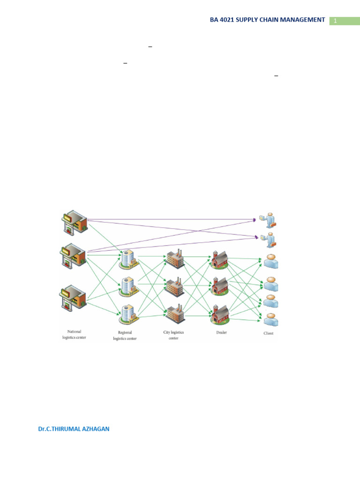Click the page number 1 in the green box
(336, 21)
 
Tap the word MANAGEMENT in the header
(301, 20)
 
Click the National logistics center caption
(74, 334)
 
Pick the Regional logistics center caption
(125, 336)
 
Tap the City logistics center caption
(173, 335)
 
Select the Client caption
(269, 333)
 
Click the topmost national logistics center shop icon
(75, 223)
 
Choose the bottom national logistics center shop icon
(73, 297)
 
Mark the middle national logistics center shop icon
(74, 255)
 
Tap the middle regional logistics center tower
(128, 286)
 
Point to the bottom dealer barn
(220, 314)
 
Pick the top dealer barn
(219, 259)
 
